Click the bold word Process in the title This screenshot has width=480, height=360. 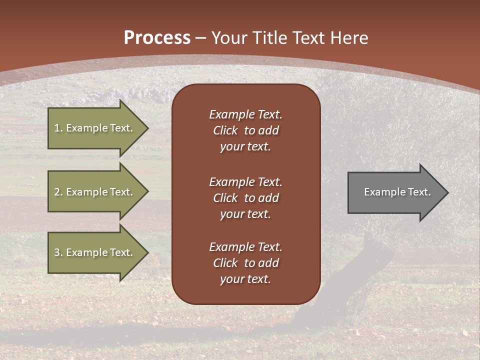[157, 38]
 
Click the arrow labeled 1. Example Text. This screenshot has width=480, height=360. [95, 128]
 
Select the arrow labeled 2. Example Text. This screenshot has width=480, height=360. [95, 192]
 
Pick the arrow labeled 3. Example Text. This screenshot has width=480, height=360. [95, 252]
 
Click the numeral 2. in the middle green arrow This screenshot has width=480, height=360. [58, 192]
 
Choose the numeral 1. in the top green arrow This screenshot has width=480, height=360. [58, 128]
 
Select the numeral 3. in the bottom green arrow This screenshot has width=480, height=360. [58, 252]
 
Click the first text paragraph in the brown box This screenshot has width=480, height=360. [245, 130]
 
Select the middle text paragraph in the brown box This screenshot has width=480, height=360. [245, 198]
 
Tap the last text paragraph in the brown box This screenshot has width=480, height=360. [245, 263]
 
